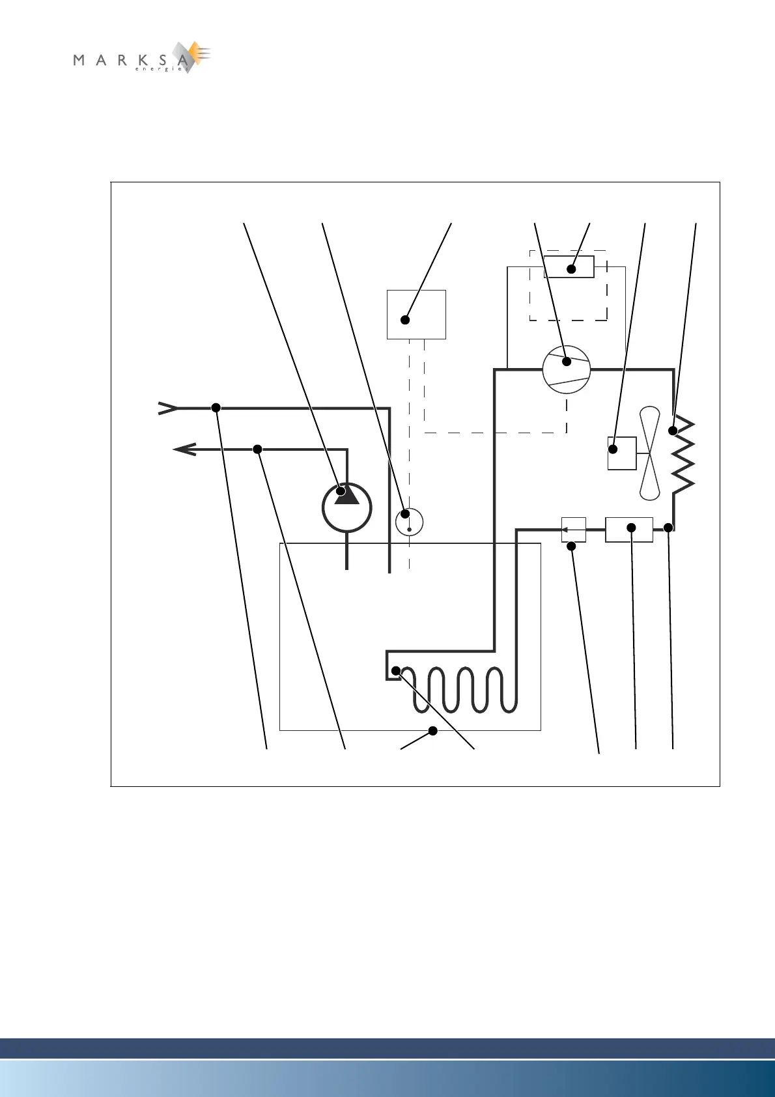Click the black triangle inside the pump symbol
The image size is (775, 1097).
click(347, 496)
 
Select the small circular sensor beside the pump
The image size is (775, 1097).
click(409, 522)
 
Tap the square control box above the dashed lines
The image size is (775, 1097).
click(416, 314)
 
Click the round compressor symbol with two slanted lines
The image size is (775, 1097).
click(566, 369)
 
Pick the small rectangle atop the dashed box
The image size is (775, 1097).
click(569, 267)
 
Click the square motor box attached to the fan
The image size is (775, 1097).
click(621, 453)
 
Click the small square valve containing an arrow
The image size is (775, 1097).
click(573, 529)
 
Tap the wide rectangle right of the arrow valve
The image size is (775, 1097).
click(628, 529)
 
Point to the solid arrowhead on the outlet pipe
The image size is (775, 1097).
click(186, 449)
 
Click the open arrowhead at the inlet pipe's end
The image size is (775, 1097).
click(167, 408)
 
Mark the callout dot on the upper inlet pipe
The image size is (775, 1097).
click(216, 408)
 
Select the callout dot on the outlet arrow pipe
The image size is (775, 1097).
click(257, 449)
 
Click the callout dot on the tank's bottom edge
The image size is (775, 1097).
click(432, 731)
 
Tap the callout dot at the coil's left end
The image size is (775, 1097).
click(395, 670)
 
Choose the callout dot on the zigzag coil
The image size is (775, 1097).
click(673, 431)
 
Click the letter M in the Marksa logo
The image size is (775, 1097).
click(79, 61)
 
